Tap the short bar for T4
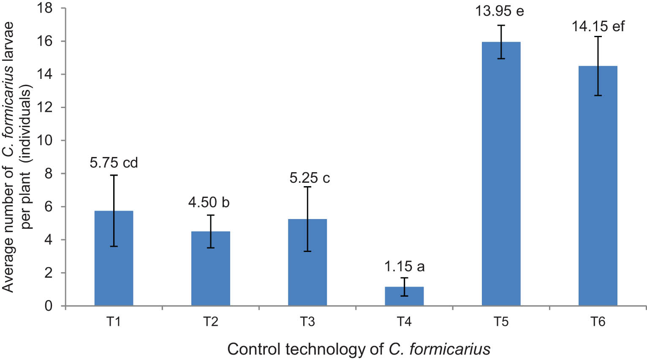404,296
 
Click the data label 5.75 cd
114,162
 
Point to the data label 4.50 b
209,202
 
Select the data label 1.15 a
404,266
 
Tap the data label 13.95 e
500,11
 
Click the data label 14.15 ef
598,27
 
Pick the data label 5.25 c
310,178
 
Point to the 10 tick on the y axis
49,141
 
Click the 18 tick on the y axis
49,8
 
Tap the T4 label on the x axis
404,322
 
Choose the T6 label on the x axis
598,322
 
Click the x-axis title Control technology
359,349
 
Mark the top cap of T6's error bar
598,37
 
